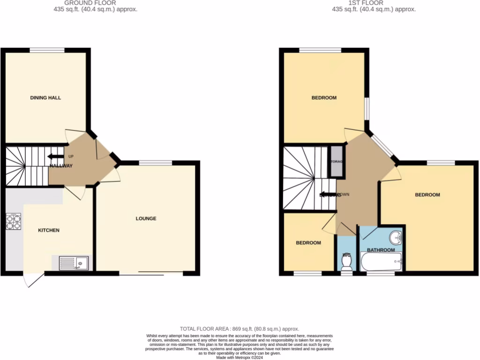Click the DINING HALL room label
45,98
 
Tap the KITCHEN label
49,230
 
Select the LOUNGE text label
146,218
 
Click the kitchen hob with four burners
14,221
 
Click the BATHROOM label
381,250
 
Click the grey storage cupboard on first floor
337,161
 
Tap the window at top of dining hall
47,50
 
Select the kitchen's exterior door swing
33,280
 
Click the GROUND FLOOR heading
90,3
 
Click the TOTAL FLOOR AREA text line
240,329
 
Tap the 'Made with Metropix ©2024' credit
240,357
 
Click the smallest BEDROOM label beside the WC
308,243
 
